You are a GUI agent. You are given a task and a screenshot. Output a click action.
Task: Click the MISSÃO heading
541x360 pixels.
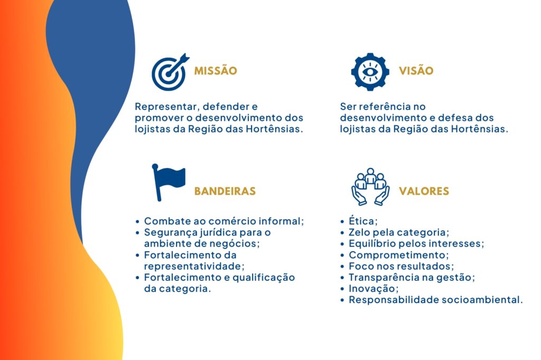point(216,70)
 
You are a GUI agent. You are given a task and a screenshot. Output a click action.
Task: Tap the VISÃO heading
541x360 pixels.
point(416,70)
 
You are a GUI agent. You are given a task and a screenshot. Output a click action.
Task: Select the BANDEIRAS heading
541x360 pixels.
point(225,191)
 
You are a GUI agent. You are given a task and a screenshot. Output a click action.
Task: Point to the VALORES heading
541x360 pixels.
point(424,191)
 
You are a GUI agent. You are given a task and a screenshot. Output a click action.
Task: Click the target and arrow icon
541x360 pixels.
point(170,72)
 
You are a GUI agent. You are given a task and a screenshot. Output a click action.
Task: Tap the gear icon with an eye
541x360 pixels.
point(370,72)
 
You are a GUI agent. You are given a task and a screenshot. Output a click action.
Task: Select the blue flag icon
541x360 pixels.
point(169,183)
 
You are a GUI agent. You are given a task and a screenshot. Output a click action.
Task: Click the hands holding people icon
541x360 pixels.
point(370,186)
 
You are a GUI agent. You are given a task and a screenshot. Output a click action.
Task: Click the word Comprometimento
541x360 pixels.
point(398,255)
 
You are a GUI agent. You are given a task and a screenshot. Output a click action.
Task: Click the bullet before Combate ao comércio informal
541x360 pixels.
point(138,222)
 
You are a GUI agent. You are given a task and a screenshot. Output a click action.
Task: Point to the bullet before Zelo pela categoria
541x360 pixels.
point(342,233)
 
